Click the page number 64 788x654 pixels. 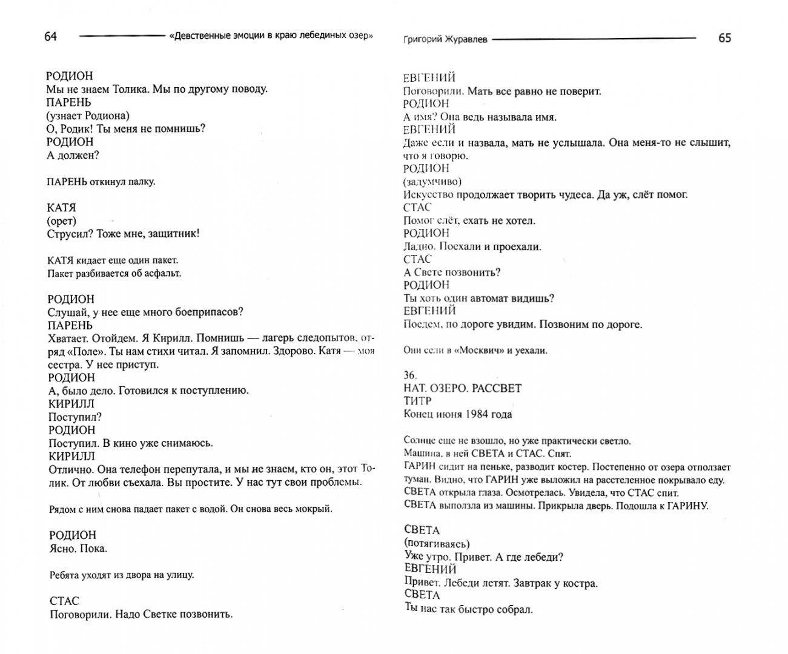(x=51, y=37)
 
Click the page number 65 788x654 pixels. (x=724, y=38)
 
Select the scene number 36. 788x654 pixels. (x=410, y=375)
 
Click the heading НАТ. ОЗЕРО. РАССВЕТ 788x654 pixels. (x=462, y=388)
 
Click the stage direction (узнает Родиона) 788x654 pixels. (x=88, y=116)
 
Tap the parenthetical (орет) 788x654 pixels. (x=61, y=221)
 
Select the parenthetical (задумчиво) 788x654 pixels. (x=432, y=182)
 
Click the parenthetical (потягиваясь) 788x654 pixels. (x=436, y=544)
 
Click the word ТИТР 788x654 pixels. (x=417, y=401)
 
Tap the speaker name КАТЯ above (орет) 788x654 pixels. (x=61, y=208)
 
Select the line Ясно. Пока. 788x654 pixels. (x=76, y=549)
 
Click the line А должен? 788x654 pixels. (x=73, y=155)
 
